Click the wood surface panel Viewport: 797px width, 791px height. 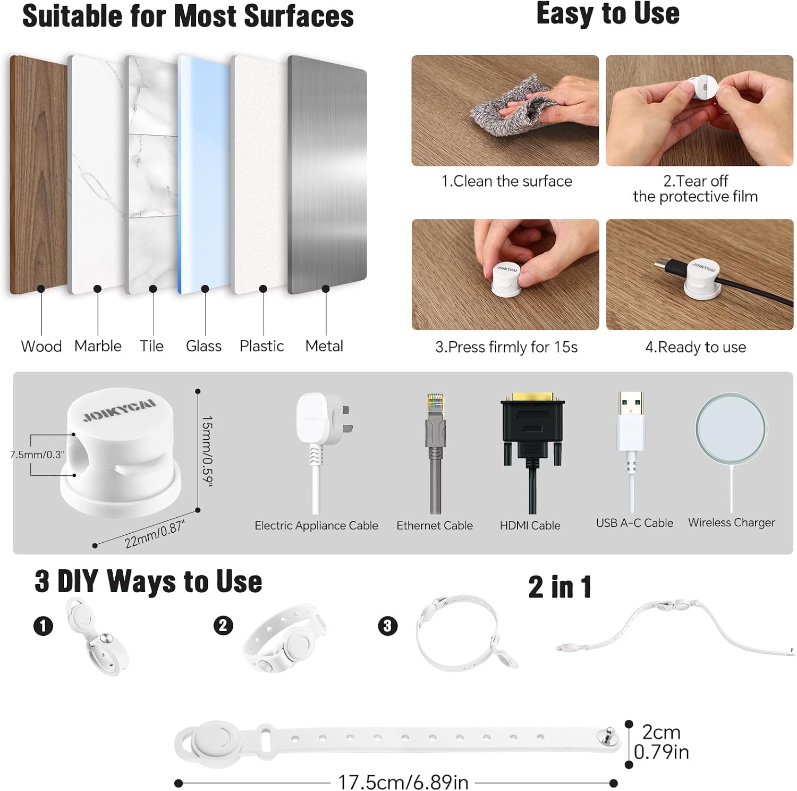[38, 174]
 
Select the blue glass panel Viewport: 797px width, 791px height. [205, 174]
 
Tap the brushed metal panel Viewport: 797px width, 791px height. [327, 174]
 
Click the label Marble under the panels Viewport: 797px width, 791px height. [98, 346]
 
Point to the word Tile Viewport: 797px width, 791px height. [151, 346]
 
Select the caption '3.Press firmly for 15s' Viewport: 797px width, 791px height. [506, 347]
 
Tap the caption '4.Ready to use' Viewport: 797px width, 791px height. [696, 347]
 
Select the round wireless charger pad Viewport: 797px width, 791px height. [731, 430]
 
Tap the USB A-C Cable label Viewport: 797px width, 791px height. [634, 523]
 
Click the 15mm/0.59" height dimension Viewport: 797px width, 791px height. [207, 451]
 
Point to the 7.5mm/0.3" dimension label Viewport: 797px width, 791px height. [37, 455]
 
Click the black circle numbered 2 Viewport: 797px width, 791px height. [223, 625]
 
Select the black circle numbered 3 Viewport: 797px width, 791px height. [387, 626]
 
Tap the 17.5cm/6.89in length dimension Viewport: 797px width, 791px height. [403, 782]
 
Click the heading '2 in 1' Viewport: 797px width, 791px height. [560, 587]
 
